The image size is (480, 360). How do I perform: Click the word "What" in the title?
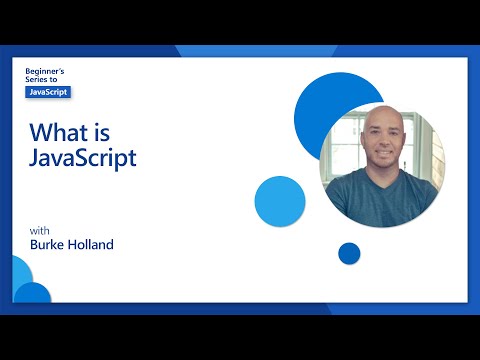click(55, 132)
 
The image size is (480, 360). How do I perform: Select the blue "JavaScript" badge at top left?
click(48, 92)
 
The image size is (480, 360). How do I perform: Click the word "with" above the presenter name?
click(38, 228)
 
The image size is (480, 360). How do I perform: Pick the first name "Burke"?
click(48, 243)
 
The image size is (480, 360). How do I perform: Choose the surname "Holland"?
click(93, 243)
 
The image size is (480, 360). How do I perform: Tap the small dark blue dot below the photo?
click(349, 253)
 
